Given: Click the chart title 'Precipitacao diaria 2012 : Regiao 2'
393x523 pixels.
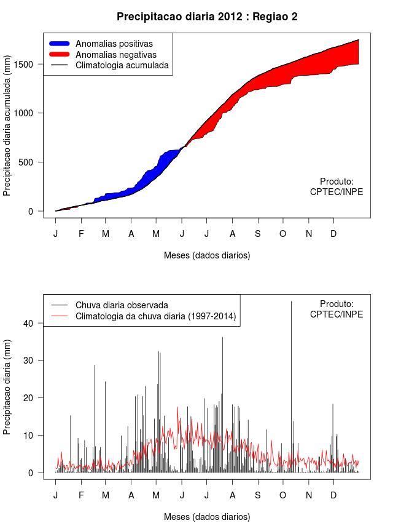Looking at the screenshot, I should pos(207,17).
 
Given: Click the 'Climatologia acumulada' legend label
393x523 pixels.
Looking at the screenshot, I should pos(122,65).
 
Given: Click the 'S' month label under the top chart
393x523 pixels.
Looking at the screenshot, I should pos(258,234).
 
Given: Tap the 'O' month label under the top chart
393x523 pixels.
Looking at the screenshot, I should pos(283,234).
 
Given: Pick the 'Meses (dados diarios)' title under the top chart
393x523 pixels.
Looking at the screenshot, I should pos(207,255).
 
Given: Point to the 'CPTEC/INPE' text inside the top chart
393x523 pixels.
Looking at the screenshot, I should pos(337,192).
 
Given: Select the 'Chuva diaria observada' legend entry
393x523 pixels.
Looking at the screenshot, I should pos(122,305).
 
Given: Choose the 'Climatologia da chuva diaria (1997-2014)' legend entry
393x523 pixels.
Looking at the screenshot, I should pos(156,316).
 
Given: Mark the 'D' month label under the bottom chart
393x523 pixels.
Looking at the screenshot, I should pos(333,495).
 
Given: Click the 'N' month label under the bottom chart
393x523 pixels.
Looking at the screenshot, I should pos(309,495).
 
